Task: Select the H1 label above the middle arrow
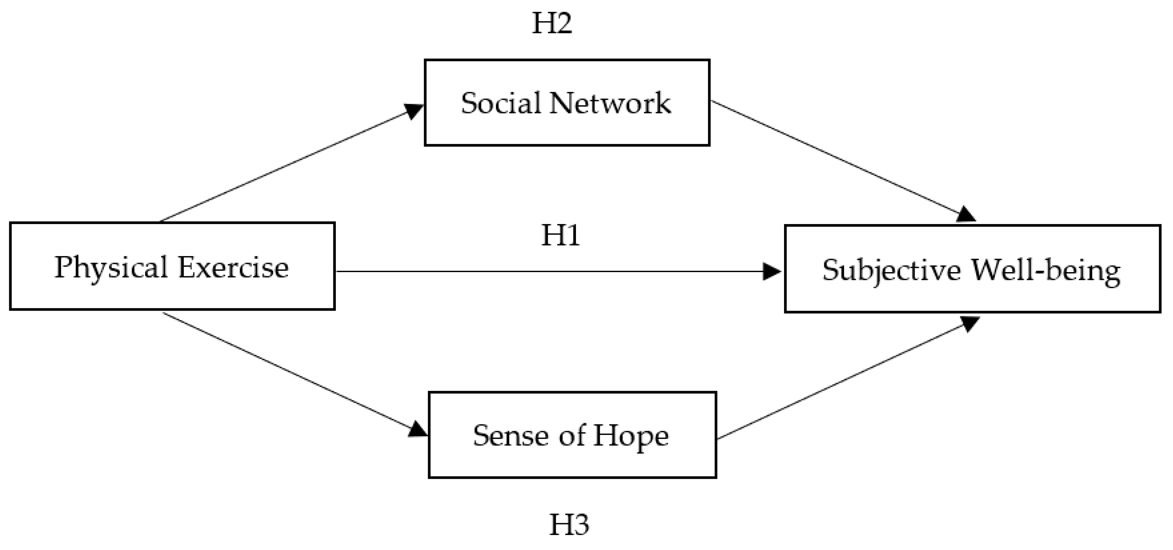[x=560, y=236]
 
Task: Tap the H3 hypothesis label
[x=569, y=524]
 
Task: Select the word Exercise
[x=233, y=267]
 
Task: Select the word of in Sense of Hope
[x=572, y=435]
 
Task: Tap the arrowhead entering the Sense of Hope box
[x=417, y=429]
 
